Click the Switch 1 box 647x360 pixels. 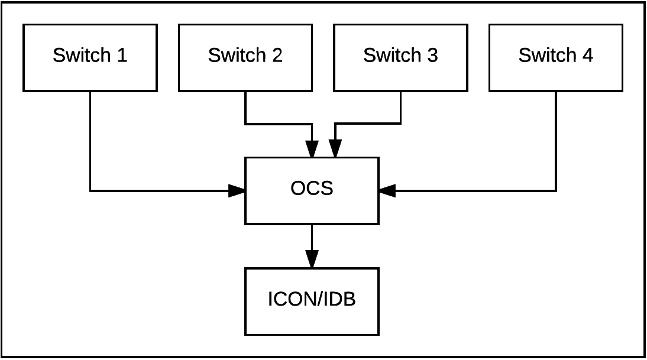coord(90,58)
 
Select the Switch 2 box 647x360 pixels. coord(245,58)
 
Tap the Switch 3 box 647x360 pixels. coord(400,58)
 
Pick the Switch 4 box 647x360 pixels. coord(556,58)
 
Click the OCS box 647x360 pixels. coord(312,191)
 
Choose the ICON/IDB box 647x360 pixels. coord(312,302)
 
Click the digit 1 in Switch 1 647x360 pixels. coord(122,55)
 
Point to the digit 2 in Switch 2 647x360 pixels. coord(277,55)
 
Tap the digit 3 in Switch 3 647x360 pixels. coord(432,55)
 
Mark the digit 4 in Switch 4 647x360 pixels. coord(588,55)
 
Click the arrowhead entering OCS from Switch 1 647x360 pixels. coord(237,191)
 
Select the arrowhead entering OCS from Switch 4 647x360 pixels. coord(387,191)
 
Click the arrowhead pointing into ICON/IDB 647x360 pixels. coord(312,260)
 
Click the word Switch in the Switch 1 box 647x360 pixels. coord(82,55)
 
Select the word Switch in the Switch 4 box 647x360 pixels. coord(548,55)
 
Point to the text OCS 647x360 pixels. coord(312,189)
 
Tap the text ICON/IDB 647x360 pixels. coord(312,299)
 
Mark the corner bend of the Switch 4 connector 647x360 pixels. coord(556,191)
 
